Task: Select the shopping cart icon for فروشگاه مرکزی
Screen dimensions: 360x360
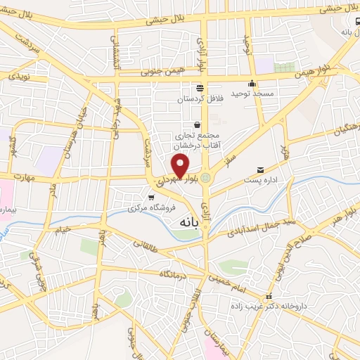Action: pyautogui.click(x=151, y=197)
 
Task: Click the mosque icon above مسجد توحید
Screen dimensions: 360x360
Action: pyautogui.click(x=252, y=84)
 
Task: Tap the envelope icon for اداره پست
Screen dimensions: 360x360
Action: pyautogui.click(x=261, y=170)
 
